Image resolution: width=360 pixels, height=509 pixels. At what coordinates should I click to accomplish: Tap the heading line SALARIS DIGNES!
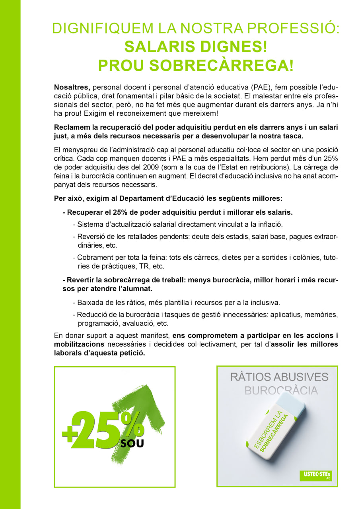tap(195, 47)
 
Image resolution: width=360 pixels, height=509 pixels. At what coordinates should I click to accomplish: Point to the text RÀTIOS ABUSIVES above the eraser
tap(279, 377)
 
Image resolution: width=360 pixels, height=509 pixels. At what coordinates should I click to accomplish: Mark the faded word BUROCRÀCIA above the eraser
tap(281, 390)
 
